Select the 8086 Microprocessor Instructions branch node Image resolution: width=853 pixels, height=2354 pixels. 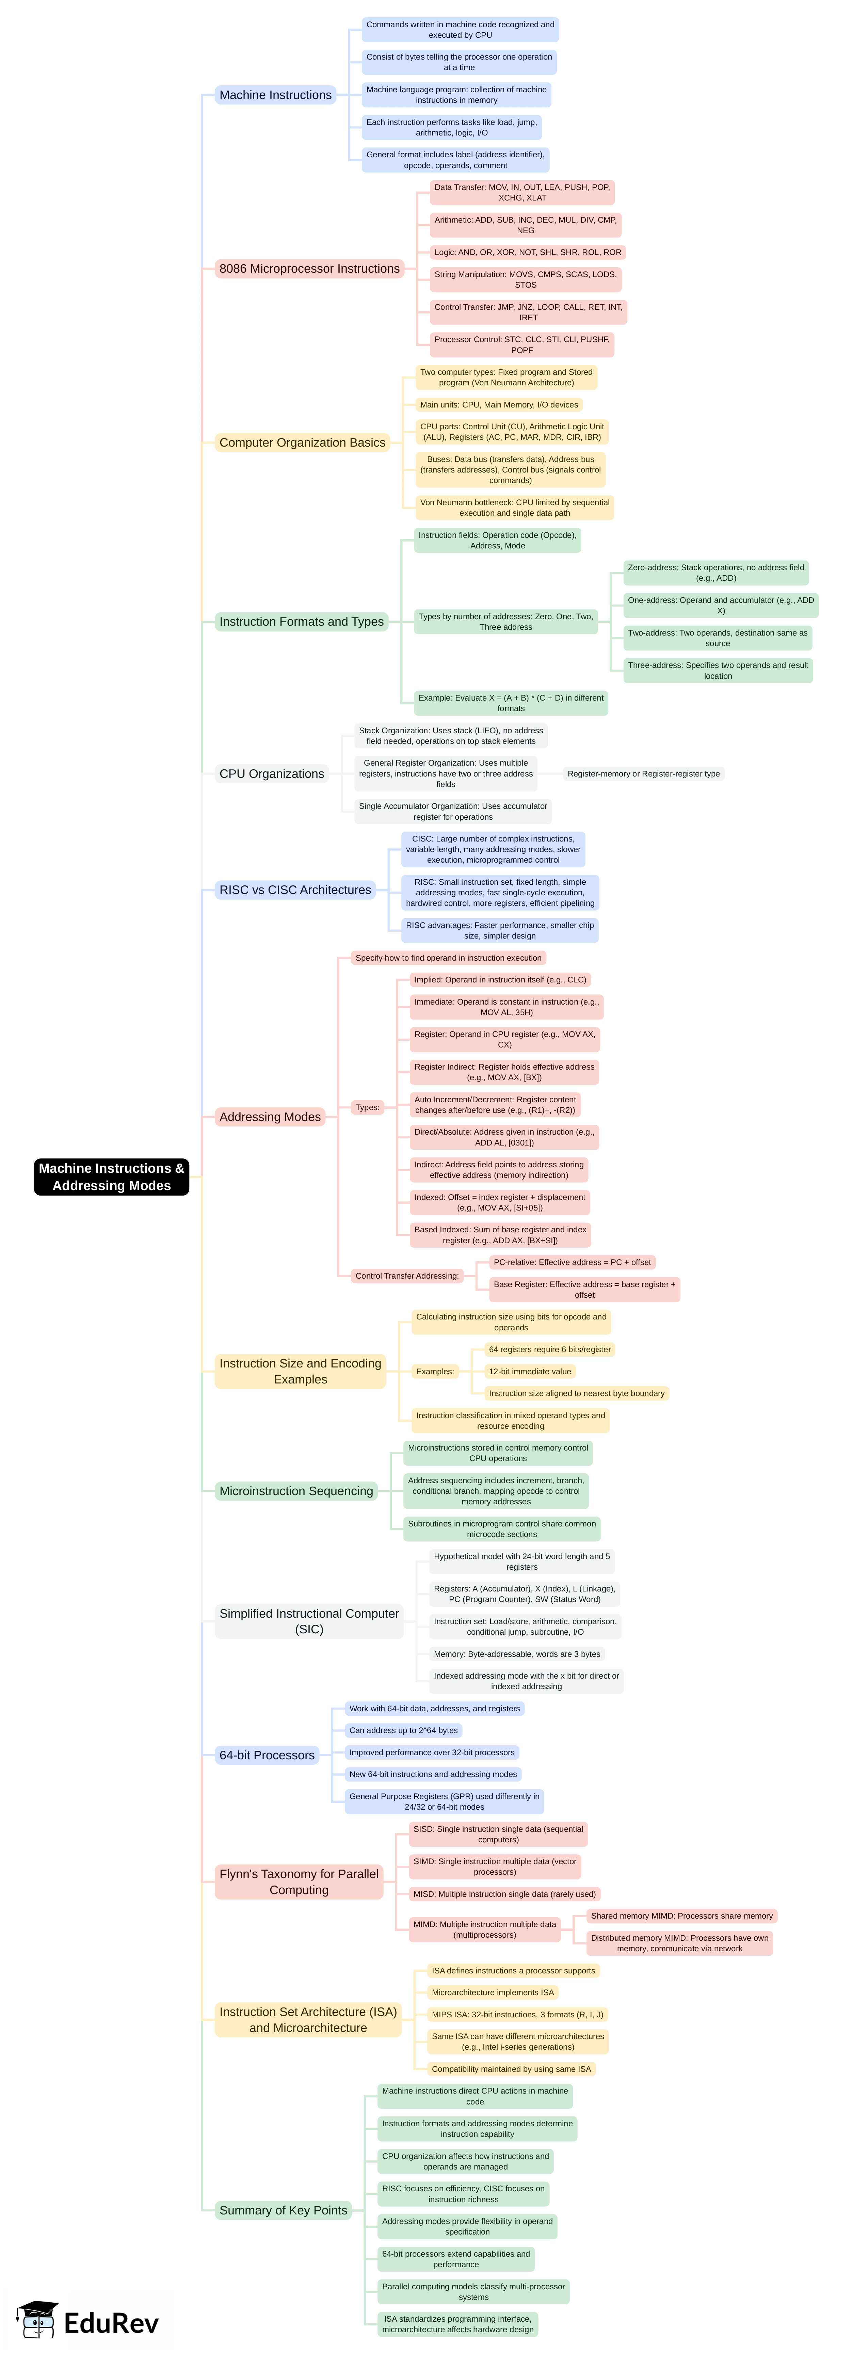[309, 269]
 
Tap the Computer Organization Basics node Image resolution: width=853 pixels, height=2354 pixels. [302, 442]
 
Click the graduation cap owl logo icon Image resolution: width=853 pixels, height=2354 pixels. [36, 2318]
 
